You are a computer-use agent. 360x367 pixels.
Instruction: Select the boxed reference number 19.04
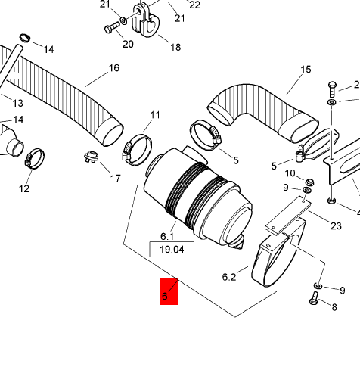172,250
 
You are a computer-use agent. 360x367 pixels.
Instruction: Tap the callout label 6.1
167,237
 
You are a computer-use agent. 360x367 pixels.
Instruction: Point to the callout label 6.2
229,277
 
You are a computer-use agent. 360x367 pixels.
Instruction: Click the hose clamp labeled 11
138,151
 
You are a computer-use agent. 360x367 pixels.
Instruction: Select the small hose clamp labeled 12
35,158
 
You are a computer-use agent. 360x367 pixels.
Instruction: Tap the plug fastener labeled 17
91,157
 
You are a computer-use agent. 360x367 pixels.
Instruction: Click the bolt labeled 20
112,27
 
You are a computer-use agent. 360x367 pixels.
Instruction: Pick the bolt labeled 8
314,298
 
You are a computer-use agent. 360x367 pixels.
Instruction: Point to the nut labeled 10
309,182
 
